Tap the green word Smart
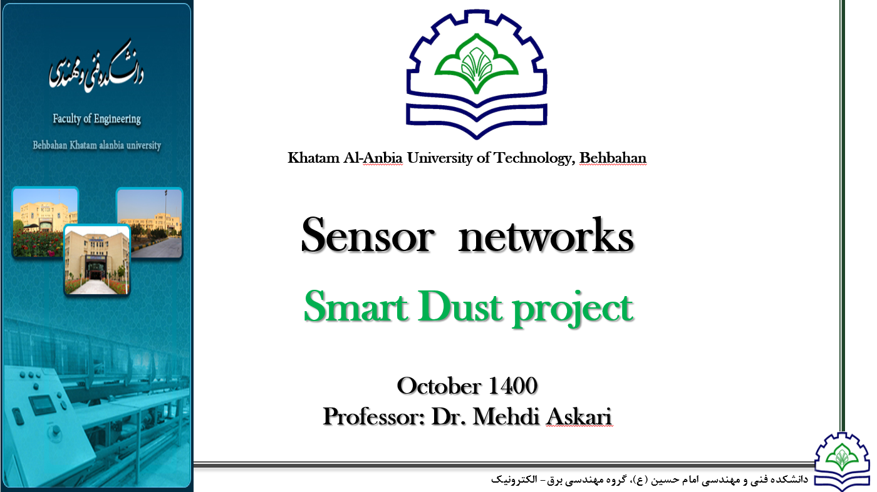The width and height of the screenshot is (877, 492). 356,307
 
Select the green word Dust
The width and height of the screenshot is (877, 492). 460,307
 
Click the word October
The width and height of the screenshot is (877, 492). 439,386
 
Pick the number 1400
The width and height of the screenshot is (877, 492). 513,386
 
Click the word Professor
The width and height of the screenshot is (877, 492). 374,416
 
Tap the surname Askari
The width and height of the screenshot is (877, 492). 579,416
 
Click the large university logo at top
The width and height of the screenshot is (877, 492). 477,74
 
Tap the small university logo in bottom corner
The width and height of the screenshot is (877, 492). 842,461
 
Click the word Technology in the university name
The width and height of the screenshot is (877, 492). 534,158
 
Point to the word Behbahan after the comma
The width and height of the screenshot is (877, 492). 613,158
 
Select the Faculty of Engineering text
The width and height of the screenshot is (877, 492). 96,119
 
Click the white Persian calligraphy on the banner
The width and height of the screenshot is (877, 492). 96,66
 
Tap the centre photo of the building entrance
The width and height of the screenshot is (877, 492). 96,260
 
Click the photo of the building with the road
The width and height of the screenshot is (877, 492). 150,223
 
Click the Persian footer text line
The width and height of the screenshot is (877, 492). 650,479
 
